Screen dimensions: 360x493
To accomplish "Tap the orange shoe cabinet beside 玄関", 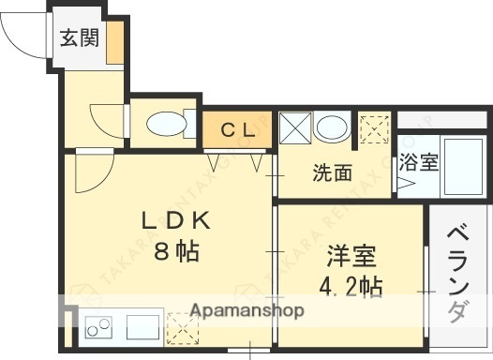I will [x=113, y=42].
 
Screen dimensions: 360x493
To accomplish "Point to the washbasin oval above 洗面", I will [x=329, y=128].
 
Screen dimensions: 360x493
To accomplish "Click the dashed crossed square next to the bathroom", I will [x=375, y=128].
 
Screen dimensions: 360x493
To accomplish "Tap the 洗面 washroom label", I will [x=332, y=172].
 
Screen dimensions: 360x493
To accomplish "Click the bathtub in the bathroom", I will [x=460, y=167].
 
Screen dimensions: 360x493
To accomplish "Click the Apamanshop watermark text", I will [x=246, y=309].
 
